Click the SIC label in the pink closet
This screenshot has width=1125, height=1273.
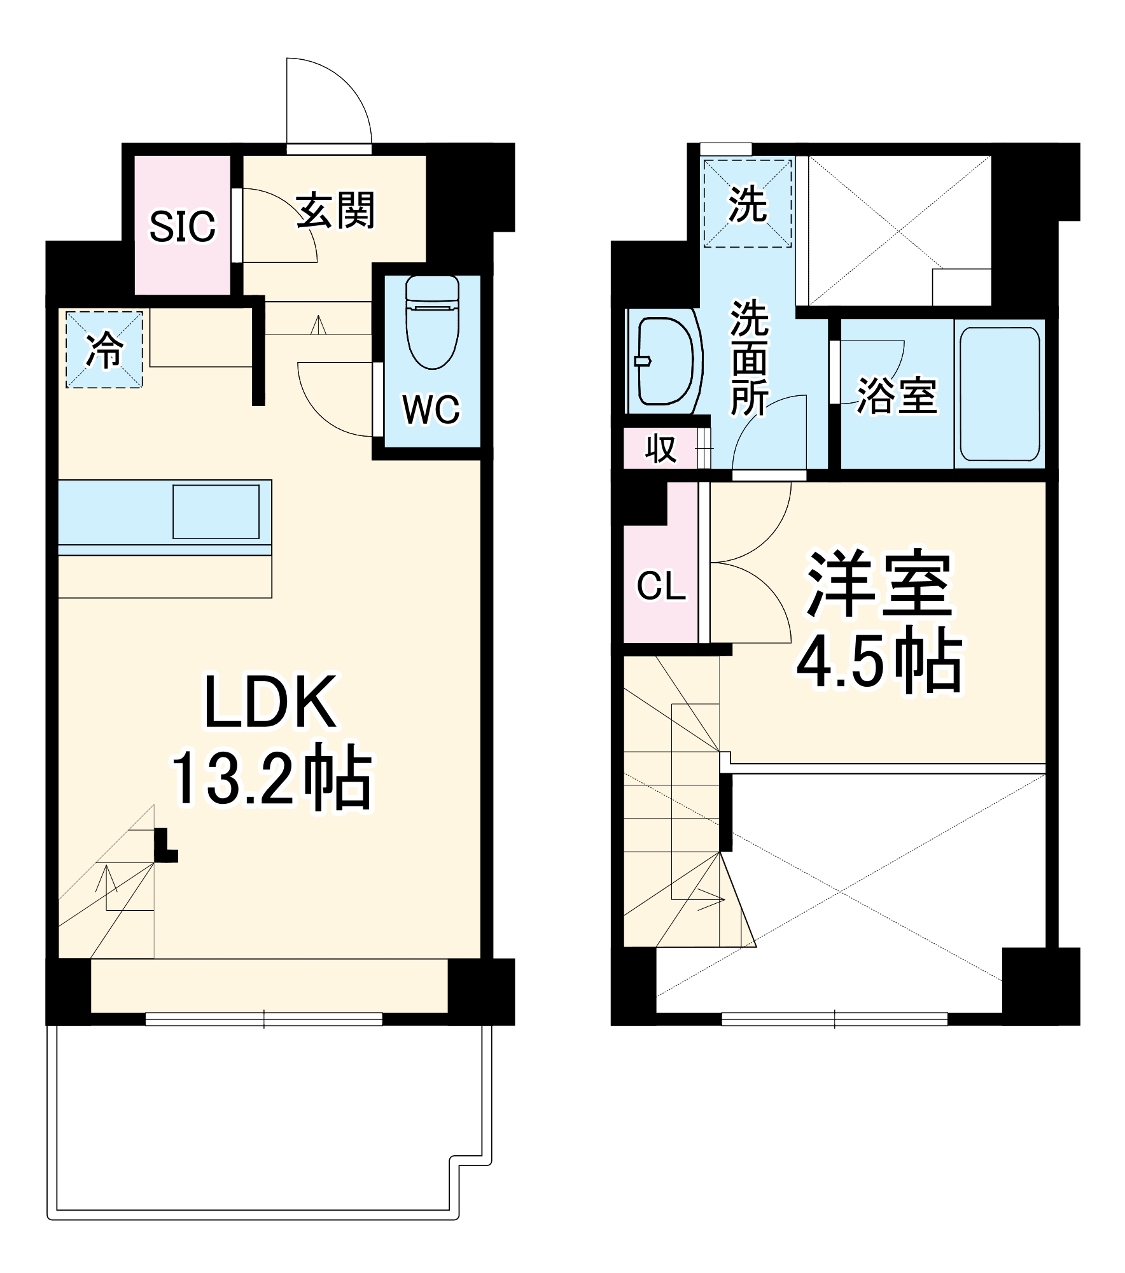(182, 226)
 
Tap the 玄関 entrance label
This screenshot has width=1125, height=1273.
(336, 209)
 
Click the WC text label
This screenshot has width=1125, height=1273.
(431, 409)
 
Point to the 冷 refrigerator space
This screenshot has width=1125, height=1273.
(104, 349)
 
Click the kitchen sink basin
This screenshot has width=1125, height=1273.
(216, 512)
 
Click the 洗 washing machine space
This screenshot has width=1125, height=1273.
(748, 204)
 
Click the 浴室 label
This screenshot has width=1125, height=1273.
(896, 396)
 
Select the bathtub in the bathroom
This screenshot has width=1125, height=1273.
(999, 394)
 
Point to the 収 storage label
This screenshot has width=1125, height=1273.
(660, 449)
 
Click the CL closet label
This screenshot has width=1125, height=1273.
(661, 586)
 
